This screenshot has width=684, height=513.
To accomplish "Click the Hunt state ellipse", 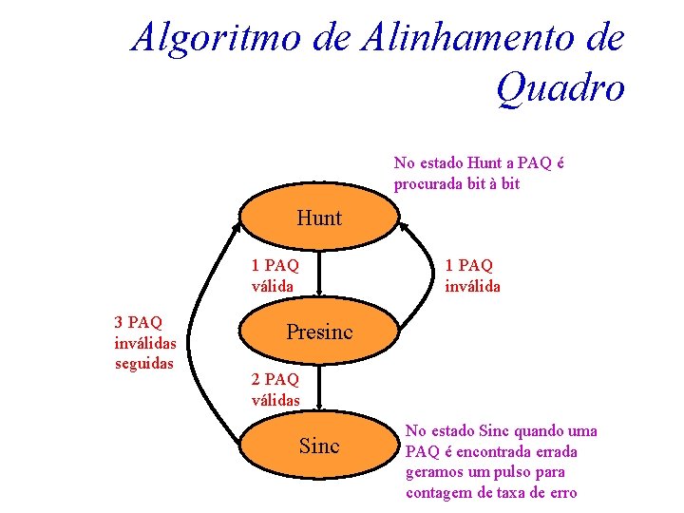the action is coord(319,218).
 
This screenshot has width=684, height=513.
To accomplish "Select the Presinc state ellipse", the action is coord(319,332).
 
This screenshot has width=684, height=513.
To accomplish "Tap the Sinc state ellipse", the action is coord(319,446).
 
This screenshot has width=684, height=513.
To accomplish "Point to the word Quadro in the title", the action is coord(560,88).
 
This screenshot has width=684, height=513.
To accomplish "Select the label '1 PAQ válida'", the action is coord(275,275).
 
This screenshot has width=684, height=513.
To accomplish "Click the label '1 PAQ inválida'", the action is coord(472,275).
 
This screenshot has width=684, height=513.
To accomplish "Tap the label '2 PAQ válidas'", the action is coord(275,389).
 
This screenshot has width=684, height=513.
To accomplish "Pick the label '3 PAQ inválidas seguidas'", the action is coord(143,342).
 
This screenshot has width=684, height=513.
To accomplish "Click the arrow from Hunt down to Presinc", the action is coord(319,274).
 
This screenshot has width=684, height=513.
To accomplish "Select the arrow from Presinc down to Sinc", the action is coord(319,388).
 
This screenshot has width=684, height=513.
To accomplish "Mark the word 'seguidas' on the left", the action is coord(143,362).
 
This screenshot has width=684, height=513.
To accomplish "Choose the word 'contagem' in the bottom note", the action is coord(438,492).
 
